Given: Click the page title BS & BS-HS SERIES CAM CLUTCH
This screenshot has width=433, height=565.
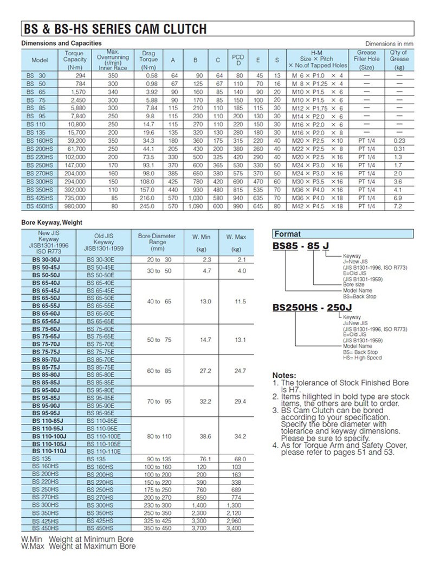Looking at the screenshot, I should coord(114,29).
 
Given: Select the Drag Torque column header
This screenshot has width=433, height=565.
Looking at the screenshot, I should coord(148,60).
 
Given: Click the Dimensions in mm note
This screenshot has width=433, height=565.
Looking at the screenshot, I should coord(389,43).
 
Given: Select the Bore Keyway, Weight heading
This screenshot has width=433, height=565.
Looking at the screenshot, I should coord(52,223).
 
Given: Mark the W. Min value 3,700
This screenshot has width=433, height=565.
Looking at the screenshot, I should coord(198,528).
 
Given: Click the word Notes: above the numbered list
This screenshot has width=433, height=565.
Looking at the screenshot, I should coord(285,376).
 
